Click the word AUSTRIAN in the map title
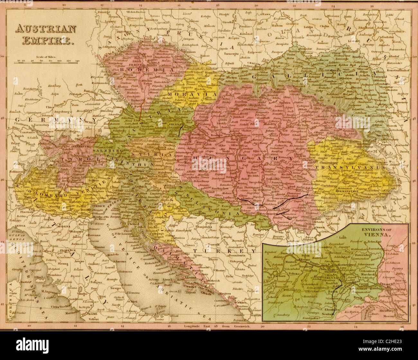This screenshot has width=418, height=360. pos(46,29)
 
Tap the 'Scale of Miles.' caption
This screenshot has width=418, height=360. pos(46,57)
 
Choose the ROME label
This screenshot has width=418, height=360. pos(93,314)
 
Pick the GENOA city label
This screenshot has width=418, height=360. pos(14,226)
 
